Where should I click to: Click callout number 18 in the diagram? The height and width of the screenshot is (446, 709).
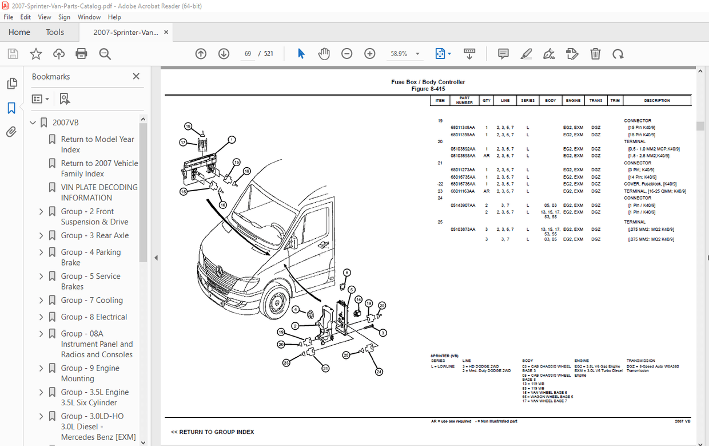click(x=187, y=126)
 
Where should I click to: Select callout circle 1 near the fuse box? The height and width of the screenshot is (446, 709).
click(x=232, y=140)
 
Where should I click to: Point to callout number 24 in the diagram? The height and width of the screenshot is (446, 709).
click(x=379, y=372)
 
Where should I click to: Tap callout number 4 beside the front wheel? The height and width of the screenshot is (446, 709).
click(x=296, y=310)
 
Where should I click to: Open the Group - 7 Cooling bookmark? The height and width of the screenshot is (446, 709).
click(x=91, y=300)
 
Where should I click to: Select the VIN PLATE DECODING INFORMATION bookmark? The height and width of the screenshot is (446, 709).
click(x=99, y=192)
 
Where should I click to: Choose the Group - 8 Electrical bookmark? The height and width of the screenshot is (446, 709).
click(x=94, y=317)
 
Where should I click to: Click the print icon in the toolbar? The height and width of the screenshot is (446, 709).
click(x=82, y=54)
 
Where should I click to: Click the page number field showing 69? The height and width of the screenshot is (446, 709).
click(x=248, y=54)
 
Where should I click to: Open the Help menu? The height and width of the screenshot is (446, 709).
click(x=114, y=17)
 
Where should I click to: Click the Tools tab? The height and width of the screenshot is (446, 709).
click(x=55, y=32)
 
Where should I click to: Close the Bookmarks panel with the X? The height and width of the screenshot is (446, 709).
click(x=136, y=76)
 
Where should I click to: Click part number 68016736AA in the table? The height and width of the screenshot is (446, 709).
click(x=463, y=184)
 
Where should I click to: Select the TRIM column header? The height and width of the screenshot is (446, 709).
click(x=615, y=101)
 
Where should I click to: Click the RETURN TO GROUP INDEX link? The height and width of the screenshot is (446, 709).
click(x=212, y=432)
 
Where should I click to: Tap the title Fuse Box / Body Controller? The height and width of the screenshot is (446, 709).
click(x=428, y=82)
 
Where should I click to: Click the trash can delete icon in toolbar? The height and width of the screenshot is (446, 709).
click(x=595, y=54)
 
